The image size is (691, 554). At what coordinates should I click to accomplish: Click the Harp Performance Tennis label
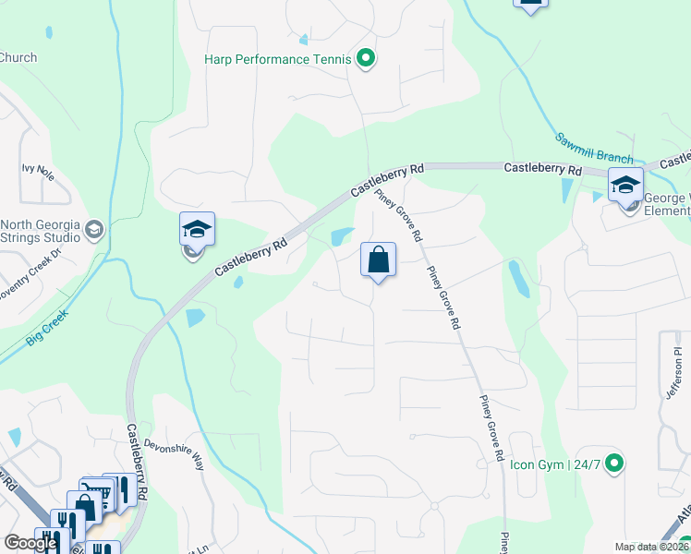point(277,60)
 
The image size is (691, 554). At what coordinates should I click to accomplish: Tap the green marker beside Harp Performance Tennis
point(366,60)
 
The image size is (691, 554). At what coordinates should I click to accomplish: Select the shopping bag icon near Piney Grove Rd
point(379,260)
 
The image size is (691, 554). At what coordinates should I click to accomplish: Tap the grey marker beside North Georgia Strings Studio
point(93,228)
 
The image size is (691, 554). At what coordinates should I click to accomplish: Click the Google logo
point(30,543)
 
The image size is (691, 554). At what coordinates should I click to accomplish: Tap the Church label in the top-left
point(18,57)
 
